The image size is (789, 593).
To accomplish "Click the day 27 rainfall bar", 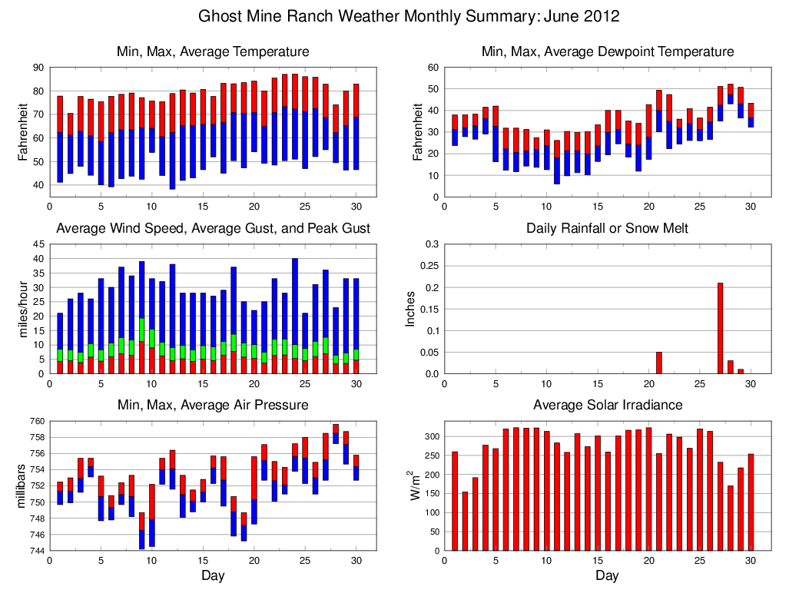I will [x=720, y=328].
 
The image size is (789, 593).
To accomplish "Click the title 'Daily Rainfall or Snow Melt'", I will [x=607, y=229].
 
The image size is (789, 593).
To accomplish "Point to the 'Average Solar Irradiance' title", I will [x=607, y=405].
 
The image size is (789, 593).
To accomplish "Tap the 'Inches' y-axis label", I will [x=411, y=309].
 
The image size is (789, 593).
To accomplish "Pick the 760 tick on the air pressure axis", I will [x=36, y=421].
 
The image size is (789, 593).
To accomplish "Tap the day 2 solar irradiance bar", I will [x=465, y=521].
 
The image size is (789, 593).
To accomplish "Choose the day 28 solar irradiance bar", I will [x=730, y=518].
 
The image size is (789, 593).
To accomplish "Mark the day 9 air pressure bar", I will [x=142, y=530].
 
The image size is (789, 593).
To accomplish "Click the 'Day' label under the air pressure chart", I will [x=213, y=575].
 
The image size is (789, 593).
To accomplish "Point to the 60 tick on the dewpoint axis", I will [x=433, y=68].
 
